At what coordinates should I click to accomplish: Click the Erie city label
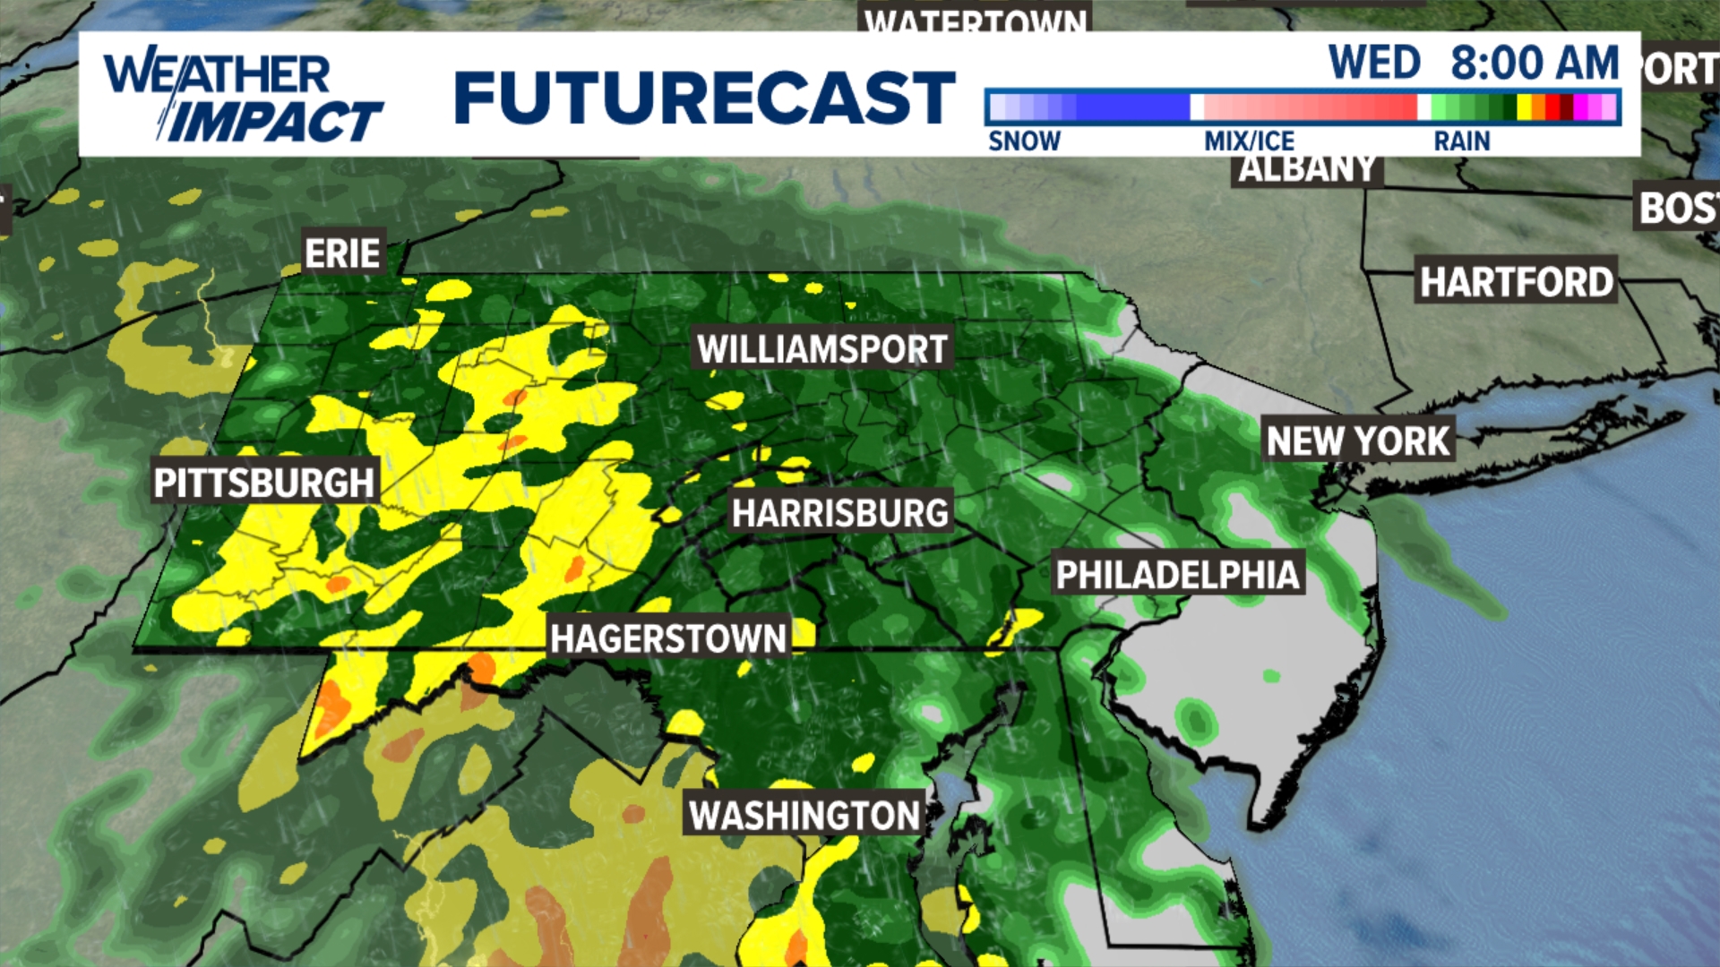342,253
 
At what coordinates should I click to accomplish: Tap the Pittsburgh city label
263,483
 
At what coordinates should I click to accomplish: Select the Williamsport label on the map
822,348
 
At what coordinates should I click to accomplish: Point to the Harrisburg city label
839,513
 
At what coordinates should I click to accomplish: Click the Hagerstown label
668,638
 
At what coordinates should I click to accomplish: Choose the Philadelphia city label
1177,574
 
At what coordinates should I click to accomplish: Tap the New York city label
1357,441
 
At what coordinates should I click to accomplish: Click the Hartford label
1516,282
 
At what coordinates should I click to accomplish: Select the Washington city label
804,815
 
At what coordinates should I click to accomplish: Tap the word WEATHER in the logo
217,73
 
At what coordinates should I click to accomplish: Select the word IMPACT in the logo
273,122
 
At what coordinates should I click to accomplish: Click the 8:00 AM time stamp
1535,63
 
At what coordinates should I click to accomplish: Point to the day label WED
1374,63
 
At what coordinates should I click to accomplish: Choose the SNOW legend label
1024,141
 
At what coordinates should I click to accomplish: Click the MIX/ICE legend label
1249,141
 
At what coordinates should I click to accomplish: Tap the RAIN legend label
1461,141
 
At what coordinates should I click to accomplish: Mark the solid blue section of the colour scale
1133,107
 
